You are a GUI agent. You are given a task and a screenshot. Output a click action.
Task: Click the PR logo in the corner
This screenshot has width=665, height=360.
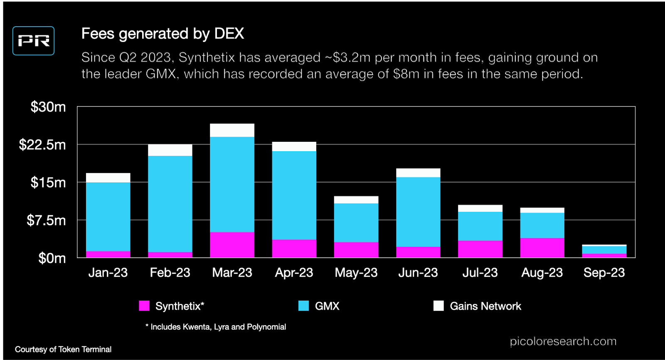click(34, 41)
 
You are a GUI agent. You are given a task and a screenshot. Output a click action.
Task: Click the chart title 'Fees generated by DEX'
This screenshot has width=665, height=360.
click(163, 34)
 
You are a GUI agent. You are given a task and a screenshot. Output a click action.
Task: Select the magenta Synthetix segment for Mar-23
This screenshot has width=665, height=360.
click(232, 245)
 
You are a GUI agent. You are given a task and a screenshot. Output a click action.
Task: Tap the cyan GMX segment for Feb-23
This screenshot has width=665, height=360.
click(170, 204)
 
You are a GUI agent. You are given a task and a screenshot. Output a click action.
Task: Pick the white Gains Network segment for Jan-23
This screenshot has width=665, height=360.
click(108, 178)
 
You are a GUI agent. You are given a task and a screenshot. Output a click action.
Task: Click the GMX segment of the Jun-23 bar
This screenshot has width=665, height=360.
click(418, 212)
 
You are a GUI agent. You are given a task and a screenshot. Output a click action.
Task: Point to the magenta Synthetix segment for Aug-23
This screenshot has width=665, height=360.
click(542, 248)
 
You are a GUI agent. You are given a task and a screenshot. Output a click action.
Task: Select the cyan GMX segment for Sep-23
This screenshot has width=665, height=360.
click(604, 250)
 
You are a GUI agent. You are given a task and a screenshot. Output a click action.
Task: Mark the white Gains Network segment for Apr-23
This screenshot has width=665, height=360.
click(294, 147)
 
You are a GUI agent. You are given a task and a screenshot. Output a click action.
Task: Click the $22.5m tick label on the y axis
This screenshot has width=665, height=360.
click(42, 145)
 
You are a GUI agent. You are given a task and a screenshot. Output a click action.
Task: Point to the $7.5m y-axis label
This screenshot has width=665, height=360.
click(46, 220)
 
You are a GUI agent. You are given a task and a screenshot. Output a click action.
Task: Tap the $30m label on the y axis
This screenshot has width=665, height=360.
click(48, 107)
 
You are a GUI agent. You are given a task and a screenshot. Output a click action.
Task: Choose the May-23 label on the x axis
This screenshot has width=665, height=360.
click(356, 273)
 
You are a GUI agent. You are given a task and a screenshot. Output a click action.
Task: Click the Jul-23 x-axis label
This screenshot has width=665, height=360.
click(480, 273)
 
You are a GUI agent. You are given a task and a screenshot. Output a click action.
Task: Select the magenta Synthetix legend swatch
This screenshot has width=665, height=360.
click(144, 306)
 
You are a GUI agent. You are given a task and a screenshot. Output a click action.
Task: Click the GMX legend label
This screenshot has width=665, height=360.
click(327, 306)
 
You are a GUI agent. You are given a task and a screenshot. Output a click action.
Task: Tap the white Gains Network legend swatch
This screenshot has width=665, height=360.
click(438, 306)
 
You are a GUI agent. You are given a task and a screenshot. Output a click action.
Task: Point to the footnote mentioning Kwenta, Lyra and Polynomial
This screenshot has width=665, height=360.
click(216, 327)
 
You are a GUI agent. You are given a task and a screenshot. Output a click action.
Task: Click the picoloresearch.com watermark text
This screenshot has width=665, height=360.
click(563, 341)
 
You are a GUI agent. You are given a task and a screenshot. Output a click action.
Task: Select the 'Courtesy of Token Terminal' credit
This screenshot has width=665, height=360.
click(63, 350)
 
